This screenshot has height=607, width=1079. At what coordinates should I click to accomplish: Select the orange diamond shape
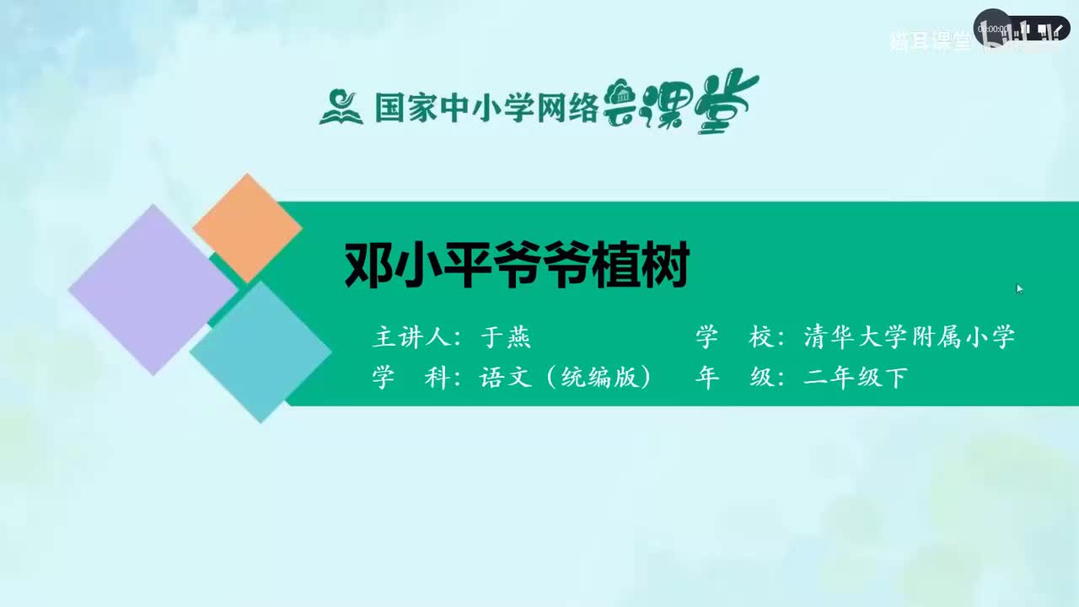(x=247, y=228)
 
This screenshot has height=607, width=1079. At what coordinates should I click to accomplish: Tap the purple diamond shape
(x=153, y=289)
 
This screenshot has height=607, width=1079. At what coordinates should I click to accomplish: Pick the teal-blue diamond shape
(x=260, y=352)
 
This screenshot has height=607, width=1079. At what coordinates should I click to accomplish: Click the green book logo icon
(x=341, y=107)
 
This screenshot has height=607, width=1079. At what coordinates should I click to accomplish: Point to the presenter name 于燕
(x=505, y=338)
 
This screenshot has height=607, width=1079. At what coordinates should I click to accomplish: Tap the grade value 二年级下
(x=855, y=378)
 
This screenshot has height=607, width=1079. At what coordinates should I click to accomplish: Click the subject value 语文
(x=506, y=378)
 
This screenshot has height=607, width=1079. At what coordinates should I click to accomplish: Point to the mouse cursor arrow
(x=1019, y=288)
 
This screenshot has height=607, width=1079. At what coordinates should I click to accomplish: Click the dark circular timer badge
(x=993, y=28)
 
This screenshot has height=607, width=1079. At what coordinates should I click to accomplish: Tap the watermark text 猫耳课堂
(x=930, y=42)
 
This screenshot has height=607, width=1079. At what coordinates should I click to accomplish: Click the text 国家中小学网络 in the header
(x=486, y=108)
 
